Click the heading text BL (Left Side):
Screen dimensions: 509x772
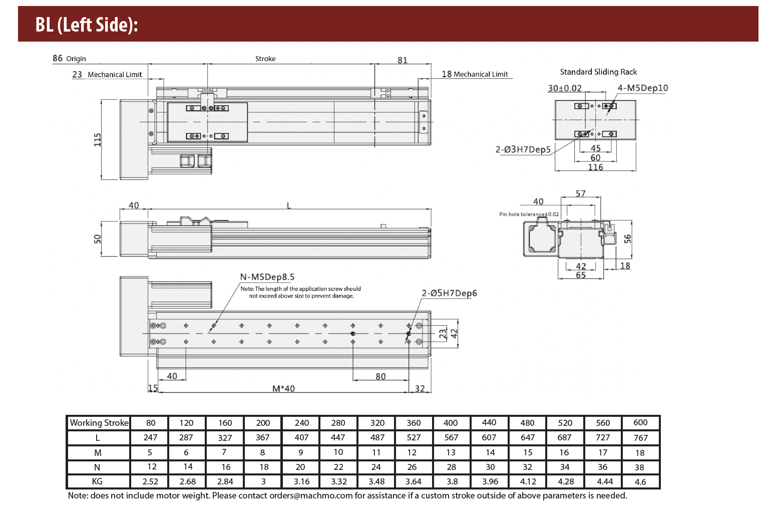86,25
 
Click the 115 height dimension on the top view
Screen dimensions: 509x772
98,139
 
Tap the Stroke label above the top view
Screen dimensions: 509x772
265,59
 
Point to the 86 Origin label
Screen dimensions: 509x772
69,59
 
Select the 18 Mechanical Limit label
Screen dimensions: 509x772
475,74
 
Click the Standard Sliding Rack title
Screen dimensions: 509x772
598,72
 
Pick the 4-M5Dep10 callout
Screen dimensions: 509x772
642,88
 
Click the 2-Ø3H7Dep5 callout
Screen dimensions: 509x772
523,149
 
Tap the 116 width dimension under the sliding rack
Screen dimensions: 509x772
595,167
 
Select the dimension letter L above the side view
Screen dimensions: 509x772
289,205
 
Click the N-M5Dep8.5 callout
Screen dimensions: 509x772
267,277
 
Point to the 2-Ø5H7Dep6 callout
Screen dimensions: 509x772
449,293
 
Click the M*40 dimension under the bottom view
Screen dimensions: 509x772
283,388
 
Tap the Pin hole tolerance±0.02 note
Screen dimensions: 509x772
529,214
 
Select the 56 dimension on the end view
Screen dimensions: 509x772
628,239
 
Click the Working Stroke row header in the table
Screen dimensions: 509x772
99,423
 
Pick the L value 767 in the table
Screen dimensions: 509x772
640,438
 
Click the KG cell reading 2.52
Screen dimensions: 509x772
150,481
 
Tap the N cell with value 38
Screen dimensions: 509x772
639,467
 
